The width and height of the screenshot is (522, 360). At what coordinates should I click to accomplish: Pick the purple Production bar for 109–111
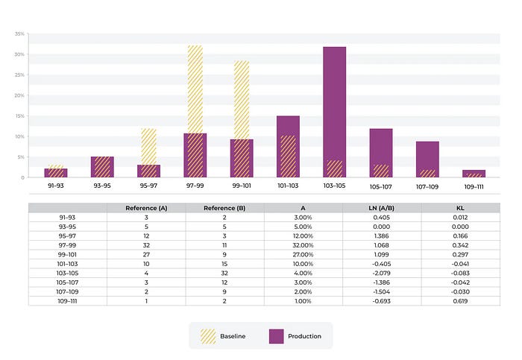click(x=474, y=173)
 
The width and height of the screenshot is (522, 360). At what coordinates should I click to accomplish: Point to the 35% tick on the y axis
click(x=19, y=34)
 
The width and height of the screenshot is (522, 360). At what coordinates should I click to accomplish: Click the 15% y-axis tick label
click(x=19, y=116)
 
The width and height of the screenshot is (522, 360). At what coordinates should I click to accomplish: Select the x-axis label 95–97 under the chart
click(x=148, y=186)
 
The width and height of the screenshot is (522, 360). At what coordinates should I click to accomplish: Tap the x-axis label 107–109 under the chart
click(x=427, y=186)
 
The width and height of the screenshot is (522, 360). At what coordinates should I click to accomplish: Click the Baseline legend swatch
click(x=207, y=336)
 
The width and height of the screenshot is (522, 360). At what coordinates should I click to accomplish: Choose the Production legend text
click(x=305, y=336)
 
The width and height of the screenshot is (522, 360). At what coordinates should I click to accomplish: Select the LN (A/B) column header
click(x=382, y=207)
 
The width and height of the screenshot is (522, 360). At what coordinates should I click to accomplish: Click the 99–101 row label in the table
click(x=67, y=254)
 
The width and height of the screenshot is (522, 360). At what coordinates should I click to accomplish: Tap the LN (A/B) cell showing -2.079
click(x=382, y=273)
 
